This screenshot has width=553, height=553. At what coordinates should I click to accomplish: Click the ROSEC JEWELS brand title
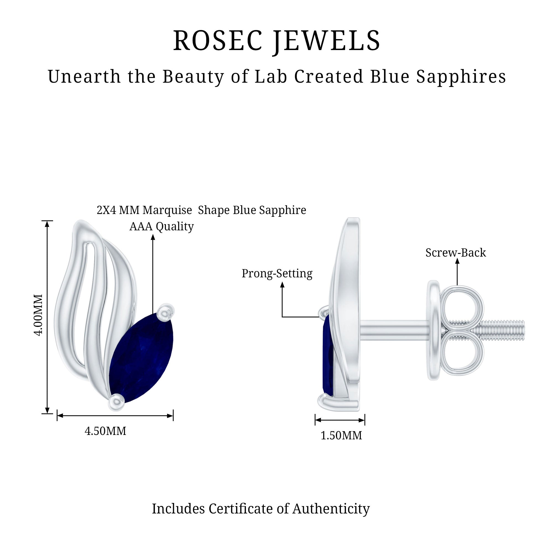tap(276, 41)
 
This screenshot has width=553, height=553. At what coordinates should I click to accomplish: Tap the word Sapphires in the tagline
tap(461, 77)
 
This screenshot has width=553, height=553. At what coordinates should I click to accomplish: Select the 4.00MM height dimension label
tap(38, 315)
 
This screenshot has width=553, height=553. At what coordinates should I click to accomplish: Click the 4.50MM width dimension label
tap(105, 431)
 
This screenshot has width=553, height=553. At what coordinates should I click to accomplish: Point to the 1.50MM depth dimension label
tap(341, 435)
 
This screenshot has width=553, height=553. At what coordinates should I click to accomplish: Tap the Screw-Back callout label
tap(456, 252)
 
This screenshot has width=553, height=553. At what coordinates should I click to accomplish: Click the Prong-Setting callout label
tap(277, 273)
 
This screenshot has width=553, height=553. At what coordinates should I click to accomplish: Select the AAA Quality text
tap(161, 226)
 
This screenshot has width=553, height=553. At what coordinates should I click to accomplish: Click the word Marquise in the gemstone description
tap(168, 210)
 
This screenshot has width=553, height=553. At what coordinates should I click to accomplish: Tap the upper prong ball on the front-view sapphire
tap(166, 312)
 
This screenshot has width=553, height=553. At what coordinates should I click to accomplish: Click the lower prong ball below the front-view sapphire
tap(116, 402)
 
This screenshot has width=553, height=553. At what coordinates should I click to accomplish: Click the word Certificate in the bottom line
tap(241, 509)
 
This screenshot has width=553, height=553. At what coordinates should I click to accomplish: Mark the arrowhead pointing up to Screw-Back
tap(457, 261)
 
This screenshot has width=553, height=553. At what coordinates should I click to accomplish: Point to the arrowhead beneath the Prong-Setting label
tap(282, 285)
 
